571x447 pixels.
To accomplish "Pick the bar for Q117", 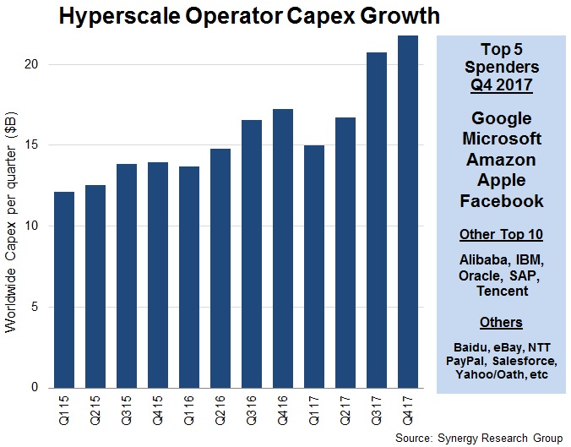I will pyautogui.click(x=313, y=266).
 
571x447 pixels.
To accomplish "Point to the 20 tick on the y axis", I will pyautogui.click(x=36, y=64).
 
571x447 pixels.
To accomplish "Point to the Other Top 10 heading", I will pyautogui.click(x=502, y=234).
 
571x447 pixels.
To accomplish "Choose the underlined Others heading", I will pyautogui.click(x=502, y=322).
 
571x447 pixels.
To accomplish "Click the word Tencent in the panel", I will pyautogui.click(x=502, y=291).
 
